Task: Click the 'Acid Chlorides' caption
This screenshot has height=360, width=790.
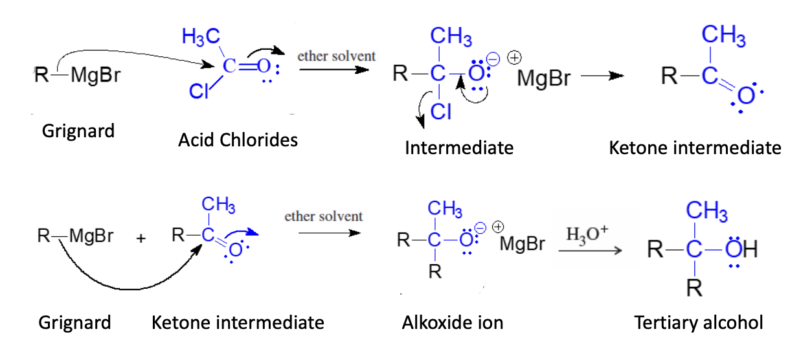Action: [238, 139]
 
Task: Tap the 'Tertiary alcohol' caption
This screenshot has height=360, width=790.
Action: [699, 322]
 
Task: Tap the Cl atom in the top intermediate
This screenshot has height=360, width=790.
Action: [441, 112]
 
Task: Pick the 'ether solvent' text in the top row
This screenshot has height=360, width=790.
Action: [336, 56]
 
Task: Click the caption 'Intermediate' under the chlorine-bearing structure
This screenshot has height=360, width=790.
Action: [459, 148]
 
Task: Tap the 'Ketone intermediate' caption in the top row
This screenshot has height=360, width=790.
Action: [695, 148]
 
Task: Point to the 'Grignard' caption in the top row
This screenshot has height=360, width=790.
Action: [78, 131]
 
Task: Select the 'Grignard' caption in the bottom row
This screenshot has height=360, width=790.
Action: [75, 322]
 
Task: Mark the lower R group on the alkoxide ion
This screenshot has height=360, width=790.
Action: [435, 273]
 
